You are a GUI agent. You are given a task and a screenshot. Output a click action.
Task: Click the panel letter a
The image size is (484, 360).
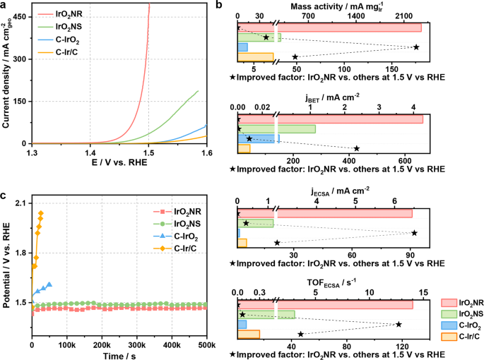[5, 6]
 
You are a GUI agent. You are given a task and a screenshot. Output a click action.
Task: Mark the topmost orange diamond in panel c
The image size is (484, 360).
[41, 213]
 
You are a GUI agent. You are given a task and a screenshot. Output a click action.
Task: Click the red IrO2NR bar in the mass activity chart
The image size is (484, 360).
[329, 28]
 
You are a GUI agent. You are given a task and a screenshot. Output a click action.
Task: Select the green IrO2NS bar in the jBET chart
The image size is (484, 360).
[276, 128]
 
